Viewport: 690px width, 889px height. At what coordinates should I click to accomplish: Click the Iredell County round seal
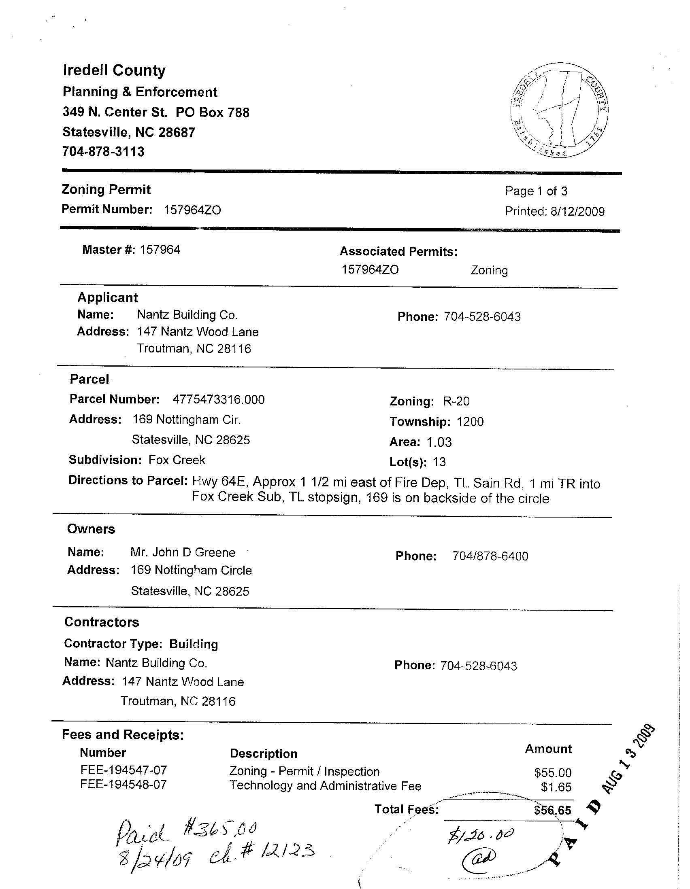click(559, 110)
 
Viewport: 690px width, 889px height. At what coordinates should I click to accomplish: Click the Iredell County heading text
click(114, 70)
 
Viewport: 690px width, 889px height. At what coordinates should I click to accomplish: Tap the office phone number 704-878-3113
click(103, 152)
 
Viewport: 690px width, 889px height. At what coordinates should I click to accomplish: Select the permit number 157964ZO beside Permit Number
click(192, 210)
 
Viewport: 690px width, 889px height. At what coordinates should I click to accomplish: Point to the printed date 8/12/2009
click(577, 211)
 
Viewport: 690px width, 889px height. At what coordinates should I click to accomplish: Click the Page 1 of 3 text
click(536, 191)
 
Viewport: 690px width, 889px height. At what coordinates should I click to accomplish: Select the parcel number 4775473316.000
click(218, 400)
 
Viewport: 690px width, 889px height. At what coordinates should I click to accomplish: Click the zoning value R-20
click(456, 401)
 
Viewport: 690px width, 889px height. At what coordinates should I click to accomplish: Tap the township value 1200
click(470, 422)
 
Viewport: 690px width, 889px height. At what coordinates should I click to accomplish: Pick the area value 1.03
click(439, 442)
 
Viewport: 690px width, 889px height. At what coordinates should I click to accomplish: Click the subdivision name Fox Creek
click(177, 460)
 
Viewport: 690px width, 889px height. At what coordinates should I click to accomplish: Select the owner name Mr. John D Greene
click(183, 552)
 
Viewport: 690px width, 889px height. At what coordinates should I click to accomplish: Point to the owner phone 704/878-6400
click(490, 556)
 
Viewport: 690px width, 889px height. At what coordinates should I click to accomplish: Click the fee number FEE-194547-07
click(124, 770)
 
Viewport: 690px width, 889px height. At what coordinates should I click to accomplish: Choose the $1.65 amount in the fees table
click(556, 787)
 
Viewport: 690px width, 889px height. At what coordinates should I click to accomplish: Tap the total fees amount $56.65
click(553, 810)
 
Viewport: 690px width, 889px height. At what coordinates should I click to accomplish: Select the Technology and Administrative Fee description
click(325, 785)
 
